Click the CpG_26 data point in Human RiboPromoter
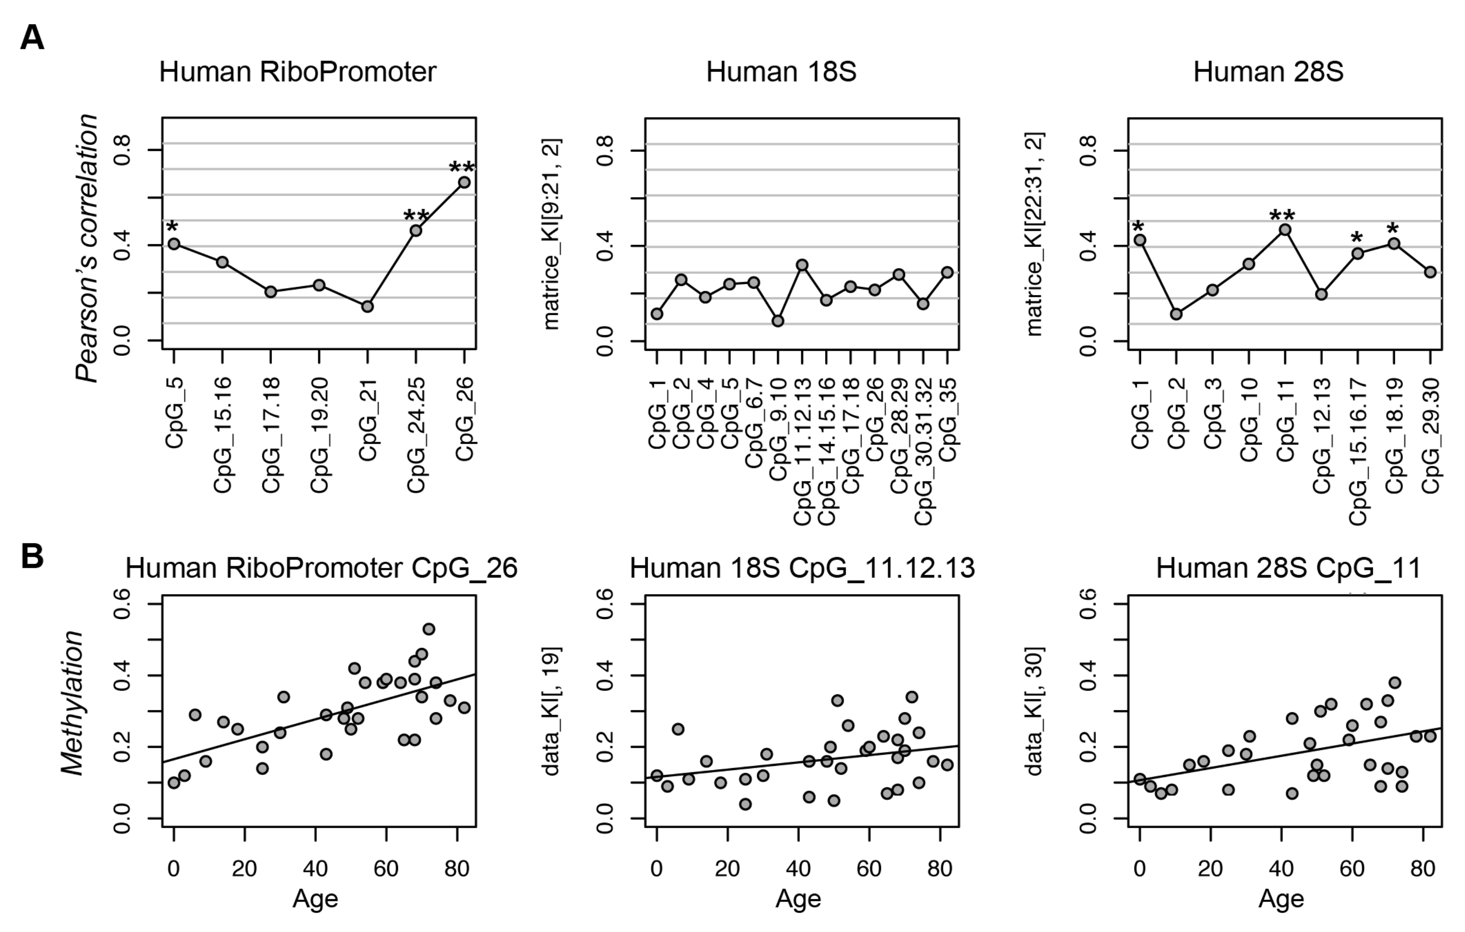click(464, 182)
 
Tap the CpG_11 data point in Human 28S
click(1285, 229)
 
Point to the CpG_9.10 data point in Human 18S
click(778, 321)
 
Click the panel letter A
click(32, 38)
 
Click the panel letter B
click(32, 555)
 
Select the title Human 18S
click(781, 72)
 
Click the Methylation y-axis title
click(73, 703)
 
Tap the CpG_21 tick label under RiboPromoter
click(368, 419)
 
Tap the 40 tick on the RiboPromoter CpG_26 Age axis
click(315, 868)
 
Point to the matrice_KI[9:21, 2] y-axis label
click(551, 234)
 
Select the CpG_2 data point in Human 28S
click(1176, 314)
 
